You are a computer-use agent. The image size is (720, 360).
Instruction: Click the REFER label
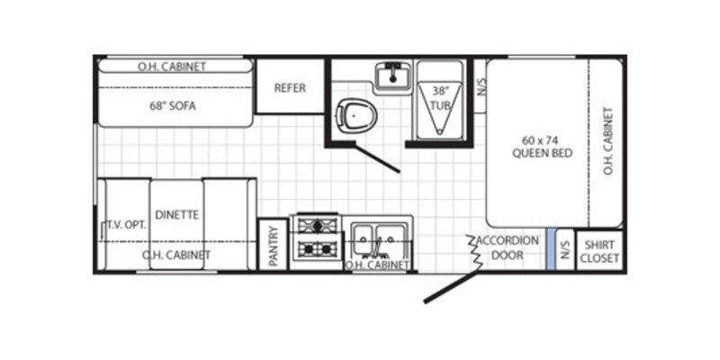(290, 87)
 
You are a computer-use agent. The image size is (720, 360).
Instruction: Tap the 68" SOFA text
(173, 105)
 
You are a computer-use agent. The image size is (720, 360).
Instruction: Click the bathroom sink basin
(390, 76)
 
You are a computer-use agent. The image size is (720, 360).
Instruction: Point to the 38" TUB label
(440, 98)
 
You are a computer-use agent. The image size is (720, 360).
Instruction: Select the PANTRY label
(273, 246)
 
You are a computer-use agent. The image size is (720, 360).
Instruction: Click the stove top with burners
(318, 237)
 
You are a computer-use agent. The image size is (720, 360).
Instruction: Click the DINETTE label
(176, 215)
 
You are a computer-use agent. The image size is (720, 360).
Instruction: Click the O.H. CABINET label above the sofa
(171, 67)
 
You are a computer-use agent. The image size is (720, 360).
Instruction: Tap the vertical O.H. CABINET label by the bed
(608, 141)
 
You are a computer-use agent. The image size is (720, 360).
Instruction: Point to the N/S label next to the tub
(481, 88)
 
